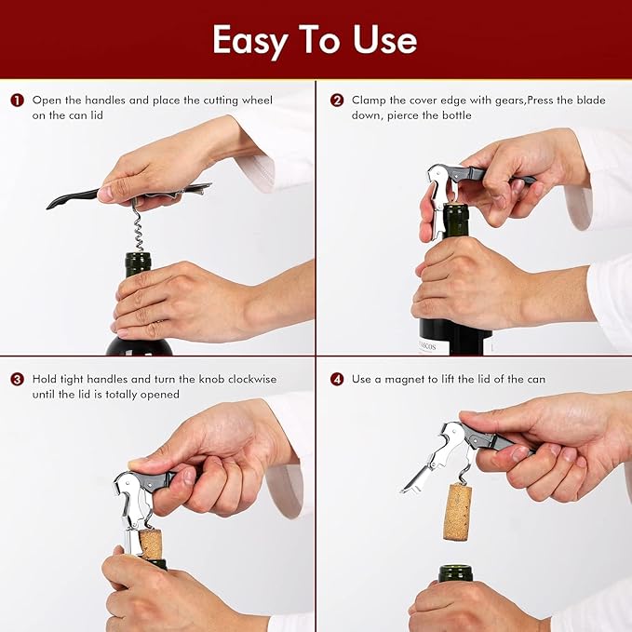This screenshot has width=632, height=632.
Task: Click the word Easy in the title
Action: pyautogui.click(x=249, y=41)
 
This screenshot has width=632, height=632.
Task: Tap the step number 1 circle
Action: pyautogui.click(x=17, y=100)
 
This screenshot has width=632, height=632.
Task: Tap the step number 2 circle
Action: pyautogui.click(x=336, y=100)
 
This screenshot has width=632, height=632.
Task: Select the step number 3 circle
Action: pyautogui.click(x=17, y=380)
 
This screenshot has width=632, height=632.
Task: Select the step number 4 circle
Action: pyautogui.click(x=336, y=380)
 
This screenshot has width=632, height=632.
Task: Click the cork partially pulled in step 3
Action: pyautogui.click(x=150, y=543)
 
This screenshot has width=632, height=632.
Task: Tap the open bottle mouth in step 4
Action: pyautogui.click(x=455, y=571)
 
